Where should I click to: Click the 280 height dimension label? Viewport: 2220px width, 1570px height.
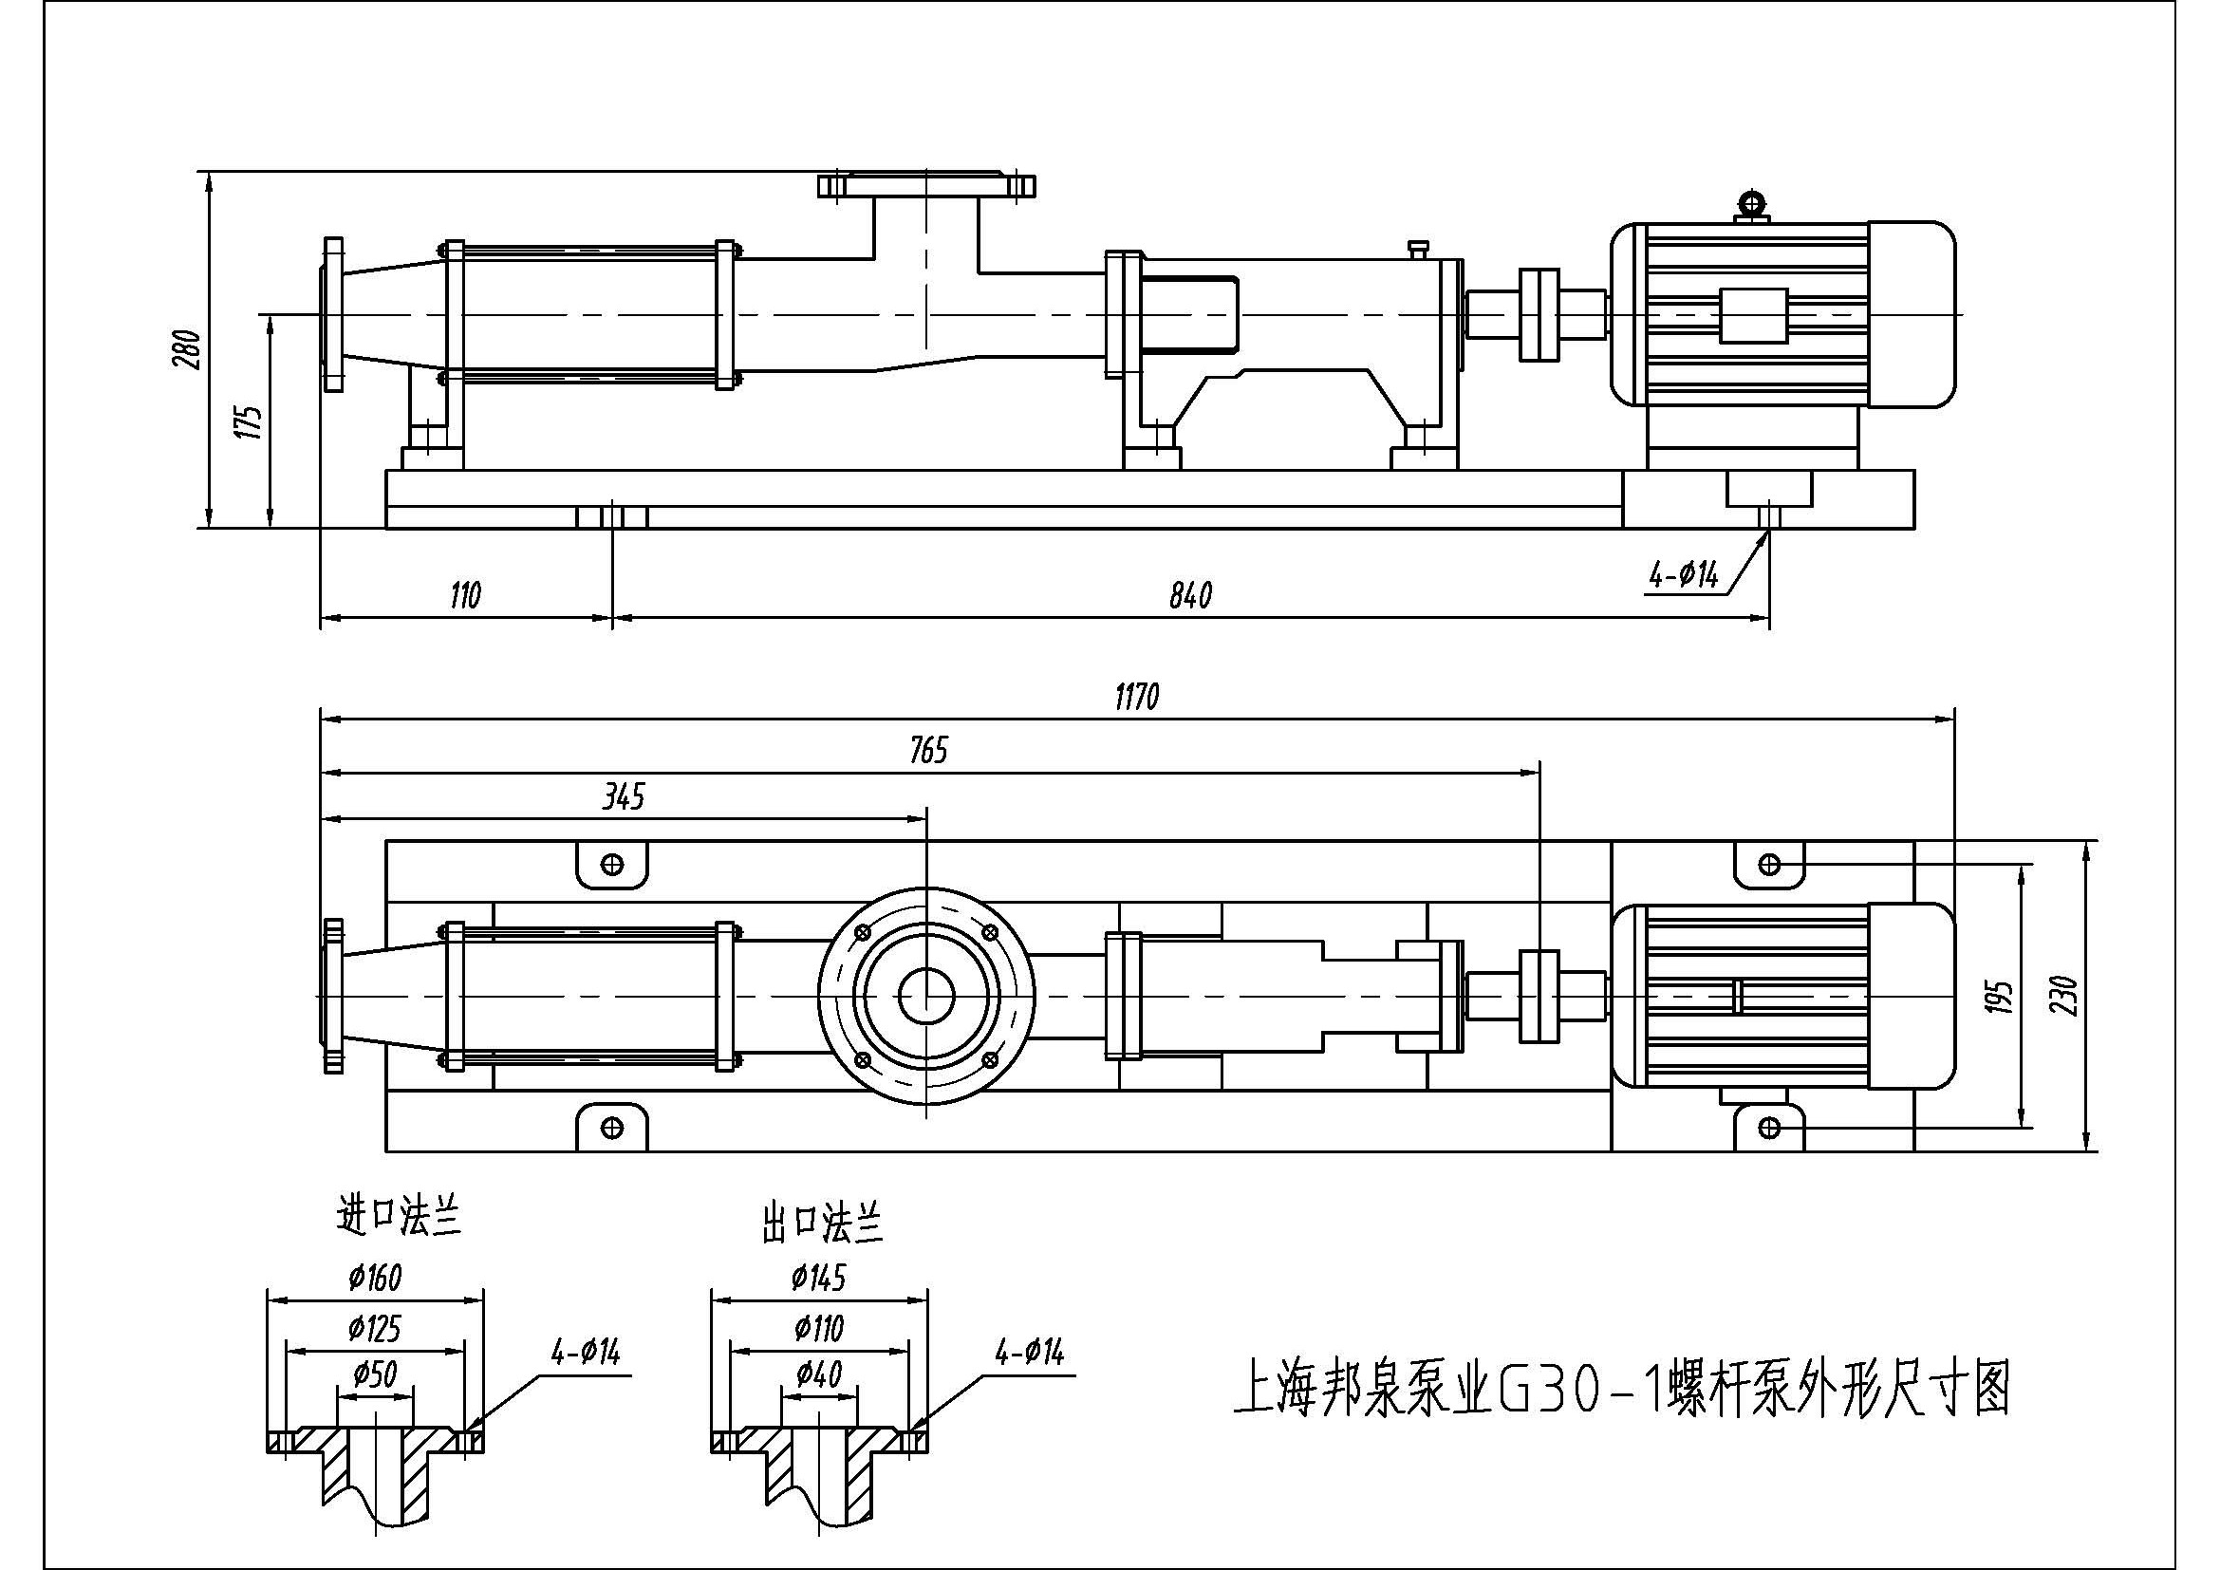click(188, 350)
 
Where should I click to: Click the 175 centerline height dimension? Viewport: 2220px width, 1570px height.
click(250, 421)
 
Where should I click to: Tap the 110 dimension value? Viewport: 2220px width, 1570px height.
click(465, 595)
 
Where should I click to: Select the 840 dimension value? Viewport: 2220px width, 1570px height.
click(1189, 595)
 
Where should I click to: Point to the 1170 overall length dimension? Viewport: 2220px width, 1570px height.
click(1136, 697)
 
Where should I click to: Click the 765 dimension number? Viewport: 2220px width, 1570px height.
click(928, 750)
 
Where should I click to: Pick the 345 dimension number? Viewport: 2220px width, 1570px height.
click(624, 797)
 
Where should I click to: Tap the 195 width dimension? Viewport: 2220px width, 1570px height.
click(2000, 996)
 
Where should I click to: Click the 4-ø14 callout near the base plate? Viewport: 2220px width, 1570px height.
click(1684, 576)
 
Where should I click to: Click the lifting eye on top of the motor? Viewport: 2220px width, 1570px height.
click(1751, 204)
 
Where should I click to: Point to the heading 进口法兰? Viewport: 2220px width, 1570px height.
click(399, 1217)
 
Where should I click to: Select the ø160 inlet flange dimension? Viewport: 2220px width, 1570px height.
click(375, 1278)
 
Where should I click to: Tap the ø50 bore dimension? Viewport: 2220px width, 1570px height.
click(375, 1374)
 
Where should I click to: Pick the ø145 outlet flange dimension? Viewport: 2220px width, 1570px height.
click(818, 1278)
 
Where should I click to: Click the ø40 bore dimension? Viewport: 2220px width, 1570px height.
click(819, 1374)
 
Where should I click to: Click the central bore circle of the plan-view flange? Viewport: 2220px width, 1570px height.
click(926, 997)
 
